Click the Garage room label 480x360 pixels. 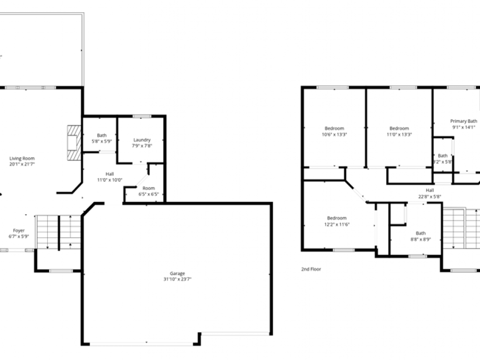tap(177, 273)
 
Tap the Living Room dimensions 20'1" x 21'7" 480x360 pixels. tap(22, 164)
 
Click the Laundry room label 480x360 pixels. tap(142, 140)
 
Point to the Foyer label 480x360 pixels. tap(19, 231)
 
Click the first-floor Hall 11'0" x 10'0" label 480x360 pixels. tap(109, 174)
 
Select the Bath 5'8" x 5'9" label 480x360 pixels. tap(102, 135)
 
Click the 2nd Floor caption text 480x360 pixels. tap(311, 270)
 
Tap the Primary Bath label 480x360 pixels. tap(464, 121)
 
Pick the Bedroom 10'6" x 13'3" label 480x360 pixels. tap(334, 128)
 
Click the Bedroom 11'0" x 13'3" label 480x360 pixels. tap(399, 128)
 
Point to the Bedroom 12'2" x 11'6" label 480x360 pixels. tap(337, 218)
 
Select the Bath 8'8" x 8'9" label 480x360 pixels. tap(420, 233)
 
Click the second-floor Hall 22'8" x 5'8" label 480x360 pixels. tap(429, 190)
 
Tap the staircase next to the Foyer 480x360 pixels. tap(58, 232)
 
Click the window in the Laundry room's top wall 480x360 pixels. tap(142, 116)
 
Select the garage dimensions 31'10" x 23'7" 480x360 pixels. tap(177, 279)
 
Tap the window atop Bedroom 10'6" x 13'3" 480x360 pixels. tap(333, 87)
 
